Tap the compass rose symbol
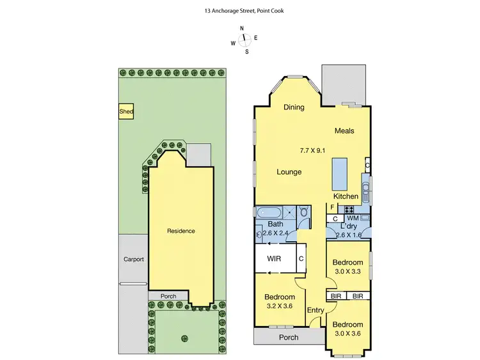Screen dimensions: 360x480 [x=244, y=38]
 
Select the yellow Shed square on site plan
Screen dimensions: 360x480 [x=126, y=112]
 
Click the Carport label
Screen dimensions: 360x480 [x=134, y=260]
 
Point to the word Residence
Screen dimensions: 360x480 [x=180, y=231]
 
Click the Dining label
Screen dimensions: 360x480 [x=294, y=107]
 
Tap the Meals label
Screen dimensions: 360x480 [x=344, y=131]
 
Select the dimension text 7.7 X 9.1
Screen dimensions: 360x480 [x=313, y=151]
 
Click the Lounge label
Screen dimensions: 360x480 [x=289, y=172]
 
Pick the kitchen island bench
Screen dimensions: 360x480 [x=339, y=171]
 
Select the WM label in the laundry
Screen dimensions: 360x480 [x=353, y=219]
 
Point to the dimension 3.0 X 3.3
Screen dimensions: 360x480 [x=348, y=272]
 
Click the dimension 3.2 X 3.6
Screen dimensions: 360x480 [x=280, y=307]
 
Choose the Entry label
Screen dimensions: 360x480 [x=316, y=311]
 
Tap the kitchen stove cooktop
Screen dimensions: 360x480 [x=350, y=208]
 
